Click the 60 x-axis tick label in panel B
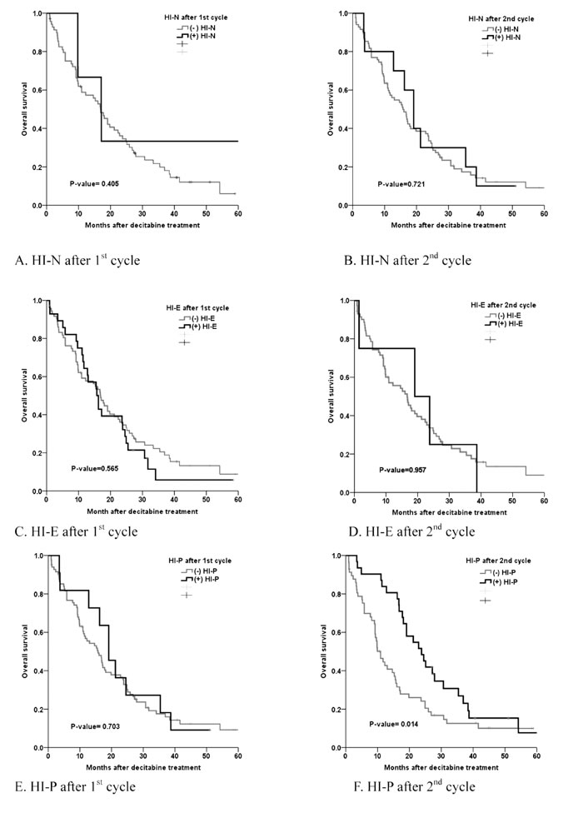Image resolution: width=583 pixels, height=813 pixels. tap(543, 216)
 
